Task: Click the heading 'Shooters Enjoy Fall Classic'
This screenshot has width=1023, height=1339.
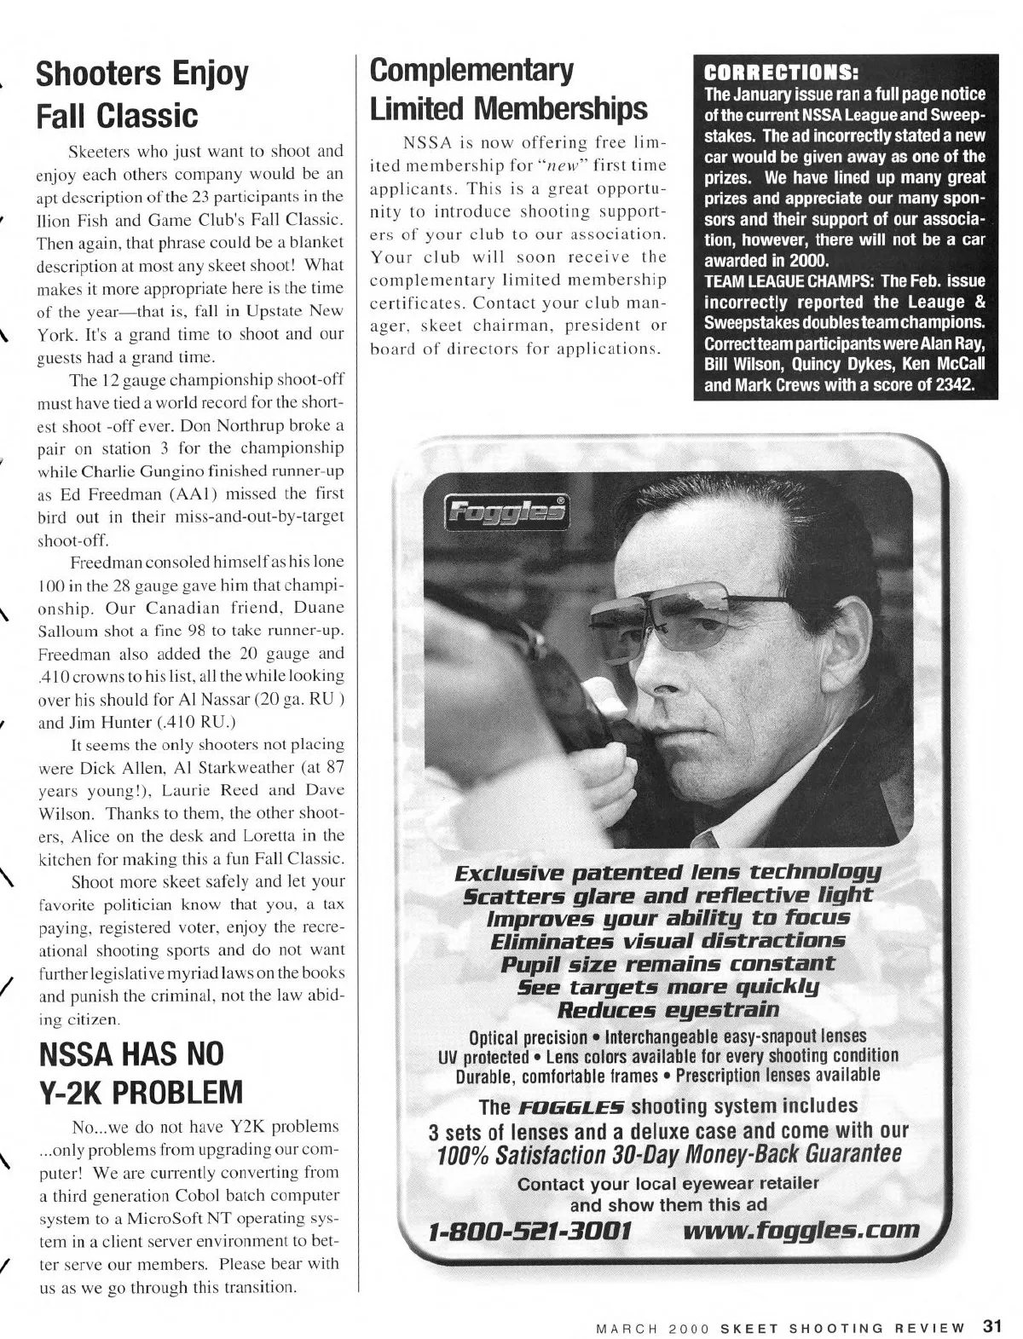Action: pos(142,94)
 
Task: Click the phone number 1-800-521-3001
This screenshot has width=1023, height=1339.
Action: pos(530,1231)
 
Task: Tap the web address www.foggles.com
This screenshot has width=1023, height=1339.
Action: pos(801,1230)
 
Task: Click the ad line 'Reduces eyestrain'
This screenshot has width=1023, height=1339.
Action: pos(668,1010)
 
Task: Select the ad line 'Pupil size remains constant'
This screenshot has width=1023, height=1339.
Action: pos(668,964)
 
